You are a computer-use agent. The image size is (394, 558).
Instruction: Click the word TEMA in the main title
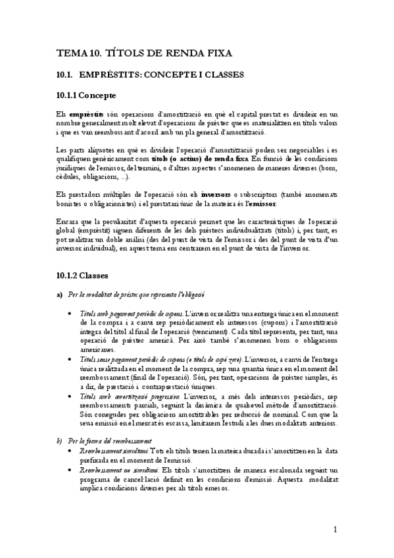[71, 52]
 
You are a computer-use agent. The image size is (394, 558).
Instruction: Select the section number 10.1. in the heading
[66, 75]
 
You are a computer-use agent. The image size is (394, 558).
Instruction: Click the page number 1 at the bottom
[335, 529]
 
